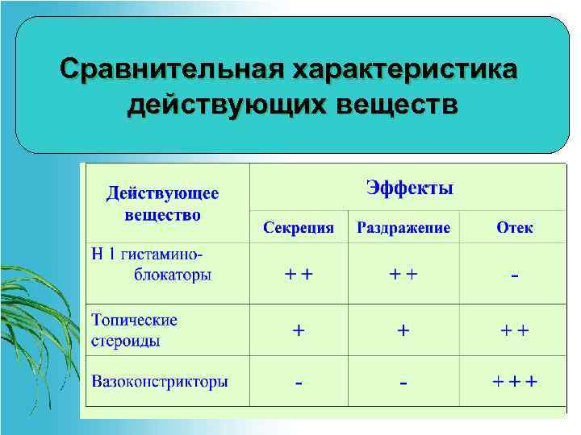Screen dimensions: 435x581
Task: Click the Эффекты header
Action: click(x=409, y=188)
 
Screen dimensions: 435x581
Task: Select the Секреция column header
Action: click(x=299, y=227)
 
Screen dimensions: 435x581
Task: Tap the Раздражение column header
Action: click(x=403, y=227)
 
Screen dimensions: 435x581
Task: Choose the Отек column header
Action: click(x=514, y=227)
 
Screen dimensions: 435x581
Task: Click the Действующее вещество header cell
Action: click(x=163, y=205)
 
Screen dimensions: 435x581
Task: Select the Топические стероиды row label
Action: click(x=134, y=330)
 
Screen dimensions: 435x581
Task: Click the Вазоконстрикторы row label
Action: click(x=159, y=381)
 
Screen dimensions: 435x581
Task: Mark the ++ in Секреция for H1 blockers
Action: click(x=299, y=274)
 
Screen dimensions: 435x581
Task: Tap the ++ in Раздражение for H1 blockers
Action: click(x=403, y=274)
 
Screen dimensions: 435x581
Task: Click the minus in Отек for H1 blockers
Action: click(x=515, y=276)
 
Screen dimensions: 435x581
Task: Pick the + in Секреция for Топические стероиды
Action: click(x=299, y=330)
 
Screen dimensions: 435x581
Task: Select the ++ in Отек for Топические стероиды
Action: click(x=515, y=330)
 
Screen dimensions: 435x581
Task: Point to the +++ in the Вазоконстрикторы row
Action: click(x=515, y=381)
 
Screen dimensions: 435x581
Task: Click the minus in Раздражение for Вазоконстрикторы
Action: click(x=403, y=383)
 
